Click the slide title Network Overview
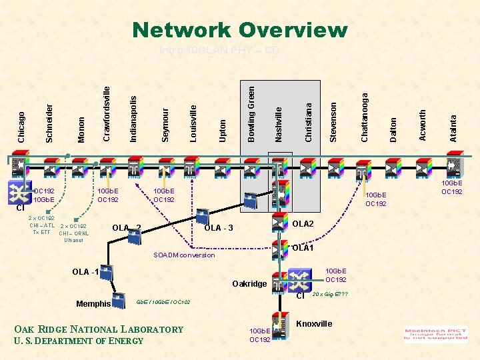point(240,30)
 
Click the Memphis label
point(93,304)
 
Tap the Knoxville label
point(314,324)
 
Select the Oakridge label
point(250,285)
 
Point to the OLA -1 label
point(85,271)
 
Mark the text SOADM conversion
point(184,255)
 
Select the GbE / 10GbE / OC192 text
point(163,303)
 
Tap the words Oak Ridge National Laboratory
point(99,329)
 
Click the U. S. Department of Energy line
point(79,341)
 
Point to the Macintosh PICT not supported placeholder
point(436,333)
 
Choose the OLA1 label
point(303,248)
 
